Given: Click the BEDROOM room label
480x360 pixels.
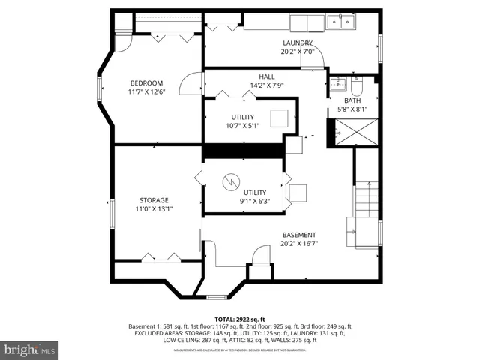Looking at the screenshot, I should coord(147,82).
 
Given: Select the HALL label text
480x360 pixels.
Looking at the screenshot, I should coord(266,76).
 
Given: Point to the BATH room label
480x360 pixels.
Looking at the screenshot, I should coord(352,100).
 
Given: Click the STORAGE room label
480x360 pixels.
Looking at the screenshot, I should coord(153,200).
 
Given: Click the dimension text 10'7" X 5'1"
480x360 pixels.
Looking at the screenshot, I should coord(242,126).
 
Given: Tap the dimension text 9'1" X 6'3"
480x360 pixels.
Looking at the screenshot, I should coord(254,201).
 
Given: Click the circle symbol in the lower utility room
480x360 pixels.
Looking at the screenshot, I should coord(232,181).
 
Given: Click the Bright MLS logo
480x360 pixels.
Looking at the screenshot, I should coord(30,350).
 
